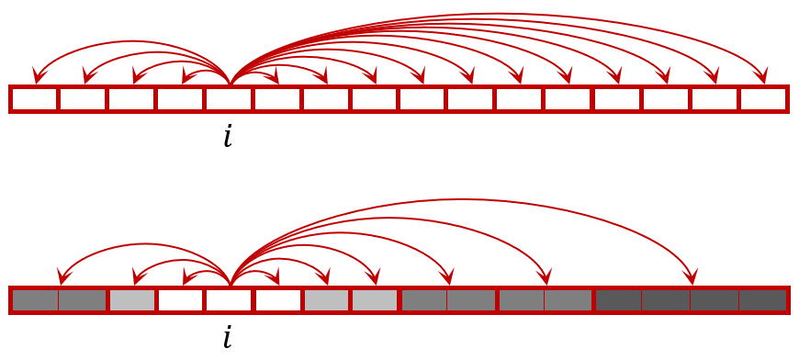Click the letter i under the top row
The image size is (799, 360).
228,137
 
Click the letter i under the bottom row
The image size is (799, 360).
228,337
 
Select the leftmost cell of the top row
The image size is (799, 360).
34,99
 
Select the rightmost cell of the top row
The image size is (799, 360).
763,99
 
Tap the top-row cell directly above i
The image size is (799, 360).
229,99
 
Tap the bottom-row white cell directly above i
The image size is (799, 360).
229,299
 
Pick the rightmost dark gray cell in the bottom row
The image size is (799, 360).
763,299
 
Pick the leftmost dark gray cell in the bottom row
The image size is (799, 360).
618,299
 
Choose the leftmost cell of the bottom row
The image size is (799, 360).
34,299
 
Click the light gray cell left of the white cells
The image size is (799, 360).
131,299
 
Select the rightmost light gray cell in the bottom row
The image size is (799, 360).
375,299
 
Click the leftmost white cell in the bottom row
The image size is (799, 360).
180,299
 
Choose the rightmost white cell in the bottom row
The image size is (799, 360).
277,299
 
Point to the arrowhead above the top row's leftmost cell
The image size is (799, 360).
38,76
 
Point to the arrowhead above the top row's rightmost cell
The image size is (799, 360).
761,76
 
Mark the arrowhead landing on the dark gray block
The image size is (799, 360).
692,277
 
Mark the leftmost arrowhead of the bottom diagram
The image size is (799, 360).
62,277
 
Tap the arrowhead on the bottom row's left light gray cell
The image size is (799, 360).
137,277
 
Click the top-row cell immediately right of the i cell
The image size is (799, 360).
277,99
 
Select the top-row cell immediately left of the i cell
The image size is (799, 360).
180,99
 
